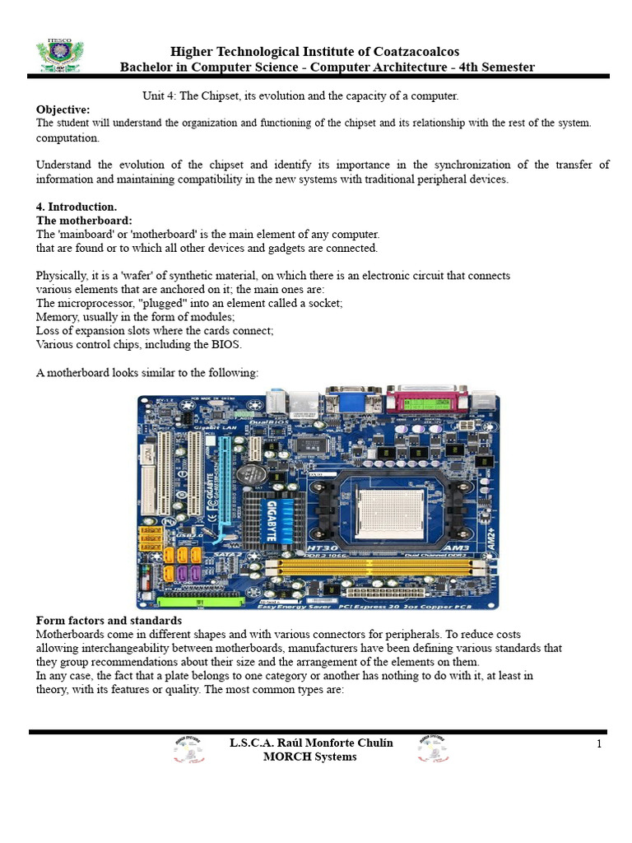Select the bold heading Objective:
pyautogui.click(x=63, y=109)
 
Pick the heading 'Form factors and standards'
pyautogui.click(x=109, y=620)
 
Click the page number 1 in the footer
pyautogui.click(x=600, y=744)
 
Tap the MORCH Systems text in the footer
pyautogui.click(x=309, y=757)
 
